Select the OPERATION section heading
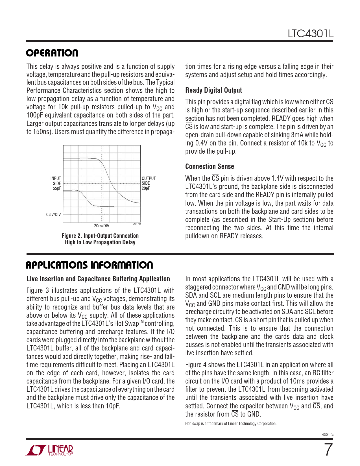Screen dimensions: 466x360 click(x=52, y=53)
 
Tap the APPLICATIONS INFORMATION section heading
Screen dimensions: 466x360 click(x=89, y=265)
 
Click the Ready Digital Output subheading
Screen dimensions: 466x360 click(x=213, y=90)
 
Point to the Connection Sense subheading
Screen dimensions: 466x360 click(x=210, y=167)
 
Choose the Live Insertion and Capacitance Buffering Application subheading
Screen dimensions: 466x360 click(x=98, y=279)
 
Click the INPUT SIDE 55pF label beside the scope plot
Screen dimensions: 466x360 click(x=56, y=183)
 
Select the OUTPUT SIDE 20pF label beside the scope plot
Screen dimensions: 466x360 click(x=149, y=183)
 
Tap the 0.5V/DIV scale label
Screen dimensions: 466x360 click(x=54, y=215)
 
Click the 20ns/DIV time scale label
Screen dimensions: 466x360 click(x=102, y=226)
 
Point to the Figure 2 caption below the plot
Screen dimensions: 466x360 click(x=100, y=239)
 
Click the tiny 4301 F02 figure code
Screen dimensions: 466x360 click(x=137, y=224)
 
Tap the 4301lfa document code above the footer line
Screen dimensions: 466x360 click(x=328, y=434)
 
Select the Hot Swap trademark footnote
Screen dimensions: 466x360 click(x=231, y=424)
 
